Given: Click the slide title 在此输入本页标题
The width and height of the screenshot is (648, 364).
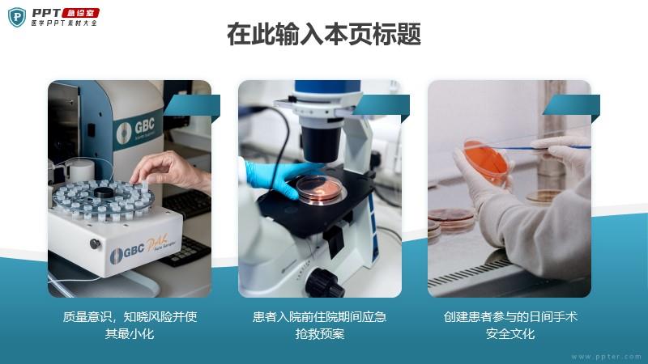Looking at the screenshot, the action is coord(324,34).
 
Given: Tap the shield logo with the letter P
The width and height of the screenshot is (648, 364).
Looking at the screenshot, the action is coord(17,17).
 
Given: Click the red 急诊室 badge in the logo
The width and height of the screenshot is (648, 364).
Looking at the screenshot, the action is coord(80,13).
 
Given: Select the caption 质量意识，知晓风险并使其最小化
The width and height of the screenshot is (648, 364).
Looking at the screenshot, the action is coord(130,325).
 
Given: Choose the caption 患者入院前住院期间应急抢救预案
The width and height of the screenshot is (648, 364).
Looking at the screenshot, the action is coord(319,325).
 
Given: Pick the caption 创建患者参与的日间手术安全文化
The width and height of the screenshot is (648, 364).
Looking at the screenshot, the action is coord(510,325).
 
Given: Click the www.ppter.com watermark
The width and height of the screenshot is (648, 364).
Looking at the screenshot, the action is coord(606,357).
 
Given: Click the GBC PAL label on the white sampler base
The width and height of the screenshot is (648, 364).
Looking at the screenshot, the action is coord(140,249).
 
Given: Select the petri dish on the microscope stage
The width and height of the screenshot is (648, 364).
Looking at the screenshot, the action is coord(320,189).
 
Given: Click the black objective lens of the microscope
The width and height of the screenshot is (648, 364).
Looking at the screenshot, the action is coord(321,142).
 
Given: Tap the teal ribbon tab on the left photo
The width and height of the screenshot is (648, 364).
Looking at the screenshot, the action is coord(193,106).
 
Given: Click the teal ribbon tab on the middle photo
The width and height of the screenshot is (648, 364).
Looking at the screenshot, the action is coord(382,106).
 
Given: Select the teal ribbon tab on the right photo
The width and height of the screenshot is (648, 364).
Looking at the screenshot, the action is coord(572,106).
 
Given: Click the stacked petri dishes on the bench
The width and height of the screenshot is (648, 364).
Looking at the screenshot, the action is coord(450,224).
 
